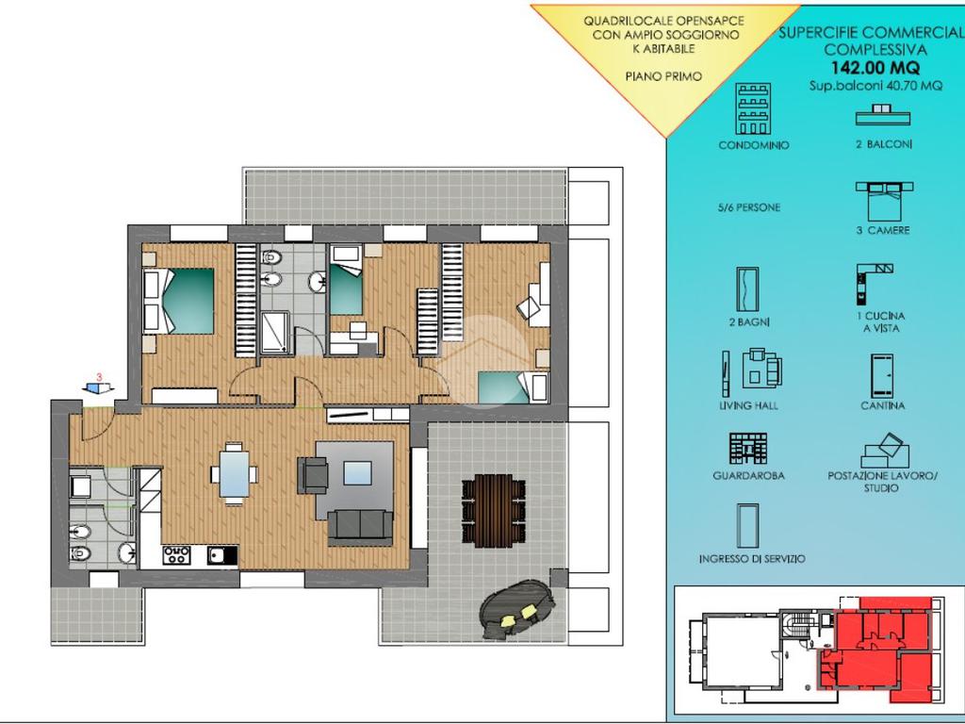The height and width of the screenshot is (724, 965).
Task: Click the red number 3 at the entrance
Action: pos(100,377)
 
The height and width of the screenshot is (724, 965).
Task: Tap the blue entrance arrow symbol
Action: pos(98,387)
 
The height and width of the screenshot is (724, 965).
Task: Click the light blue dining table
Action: pos(235,473)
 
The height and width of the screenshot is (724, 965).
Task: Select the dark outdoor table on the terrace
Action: pos(494,511)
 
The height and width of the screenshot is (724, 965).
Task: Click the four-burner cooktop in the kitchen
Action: pos(176,555)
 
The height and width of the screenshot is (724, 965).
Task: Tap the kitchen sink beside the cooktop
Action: pos(221,555)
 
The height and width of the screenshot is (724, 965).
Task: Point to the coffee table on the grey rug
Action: pos(357,473)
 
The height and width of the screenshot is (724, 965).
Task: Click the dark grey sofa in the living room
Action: pos(360,527)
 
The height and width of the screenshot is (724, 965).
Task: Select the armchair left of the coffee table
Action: pos(313,475)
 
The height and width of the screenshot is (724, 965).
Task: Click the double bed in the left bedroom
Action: pos(178,301)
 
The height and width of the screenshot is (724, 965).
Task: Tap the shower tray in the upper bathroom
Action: pos(275,333)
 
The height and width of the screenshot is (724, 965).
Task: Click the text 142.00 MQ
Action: pos(875,67)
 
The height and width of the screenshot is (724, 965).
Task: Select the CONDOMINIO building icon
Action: pos(753,109)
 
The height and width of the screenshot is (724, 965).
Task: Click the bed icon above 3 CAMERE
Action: pos(884,201)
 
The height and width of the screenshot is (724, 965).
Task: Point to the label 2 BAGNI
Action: pos(749,322)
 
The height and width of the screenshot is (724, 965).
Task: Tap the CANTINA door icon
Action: pos(882,375)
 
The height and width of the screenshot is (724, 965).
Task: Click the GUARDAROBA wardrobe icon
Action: pos(748,448)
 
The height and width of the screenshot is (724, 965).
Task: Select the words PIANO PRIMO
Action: pos(663,77)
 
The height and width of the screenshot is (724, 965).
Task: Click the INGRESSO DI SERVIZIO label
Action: pos(752,559)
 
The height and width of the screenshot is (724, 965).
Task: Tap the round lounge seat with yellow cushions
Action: pos(517,610)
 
